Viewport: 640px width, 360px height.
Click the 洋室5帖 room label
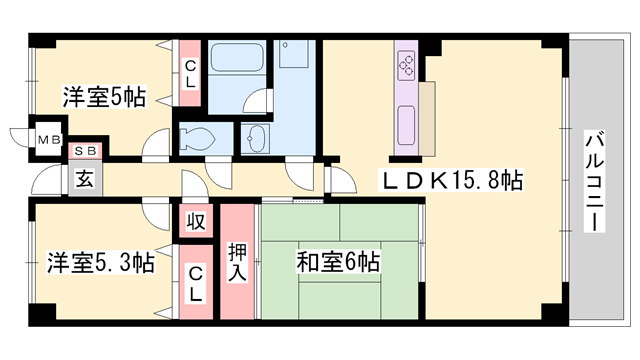(x=104, y=97)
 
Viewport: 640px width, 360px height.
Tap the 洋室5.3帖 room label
(x=100, y=262)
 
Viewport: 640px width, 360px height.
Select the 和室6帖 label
(x=338, y=262)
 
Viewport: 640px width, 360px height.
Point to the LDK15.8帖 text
(x=451, y=180)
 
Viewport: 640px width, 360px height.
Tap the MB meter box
(x=49, y=140)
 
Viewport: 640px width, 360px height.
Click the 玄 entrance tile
(x=85, y=179)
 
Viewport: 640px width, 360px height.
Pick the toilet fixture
(x=197, y=139)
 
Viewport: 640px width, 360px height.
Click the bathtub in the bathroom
(x=237, y=57)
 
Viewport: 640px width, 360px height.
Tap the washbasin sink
(x=256, y=138)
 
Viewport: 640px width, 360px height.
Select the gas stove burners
(x=407, y=65)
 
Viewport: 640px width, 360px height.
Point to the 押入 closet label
(x=237, y=261)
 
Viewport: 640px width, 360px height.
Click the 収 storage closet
(x=196, y=221)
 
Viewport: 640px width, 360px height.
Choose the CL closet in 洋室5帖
(x=190, y=73)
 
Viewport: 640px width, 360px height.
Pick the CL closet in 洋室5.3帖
(x=196, y=282)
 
